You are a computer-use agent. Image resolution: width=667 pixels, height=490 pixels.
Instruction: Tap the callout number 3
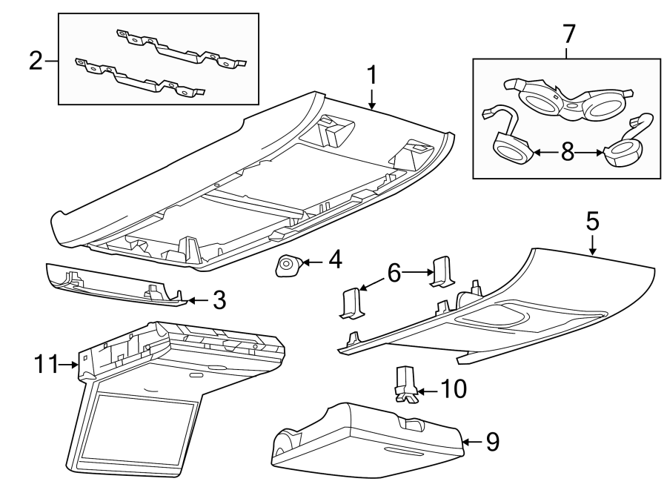[219, 300]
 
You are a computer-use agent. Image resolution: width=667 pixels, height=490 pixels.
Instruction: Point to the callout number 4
[335, 260]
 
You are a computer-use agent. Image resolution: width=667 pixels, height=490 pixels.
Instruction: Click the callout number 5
[592, 221]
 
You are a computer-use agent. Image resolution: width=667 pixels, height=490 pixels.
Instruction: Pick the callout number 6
[394, 274]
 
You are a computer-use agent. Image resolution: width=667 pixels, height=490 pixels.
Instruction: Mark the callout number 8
[567, 152]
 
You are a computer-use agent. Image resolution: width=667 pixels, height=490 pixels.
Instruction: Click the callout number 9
[492, 443]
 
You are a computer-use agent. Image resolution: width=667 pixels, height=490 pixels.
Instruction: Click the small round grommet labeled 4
[288, 265]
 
